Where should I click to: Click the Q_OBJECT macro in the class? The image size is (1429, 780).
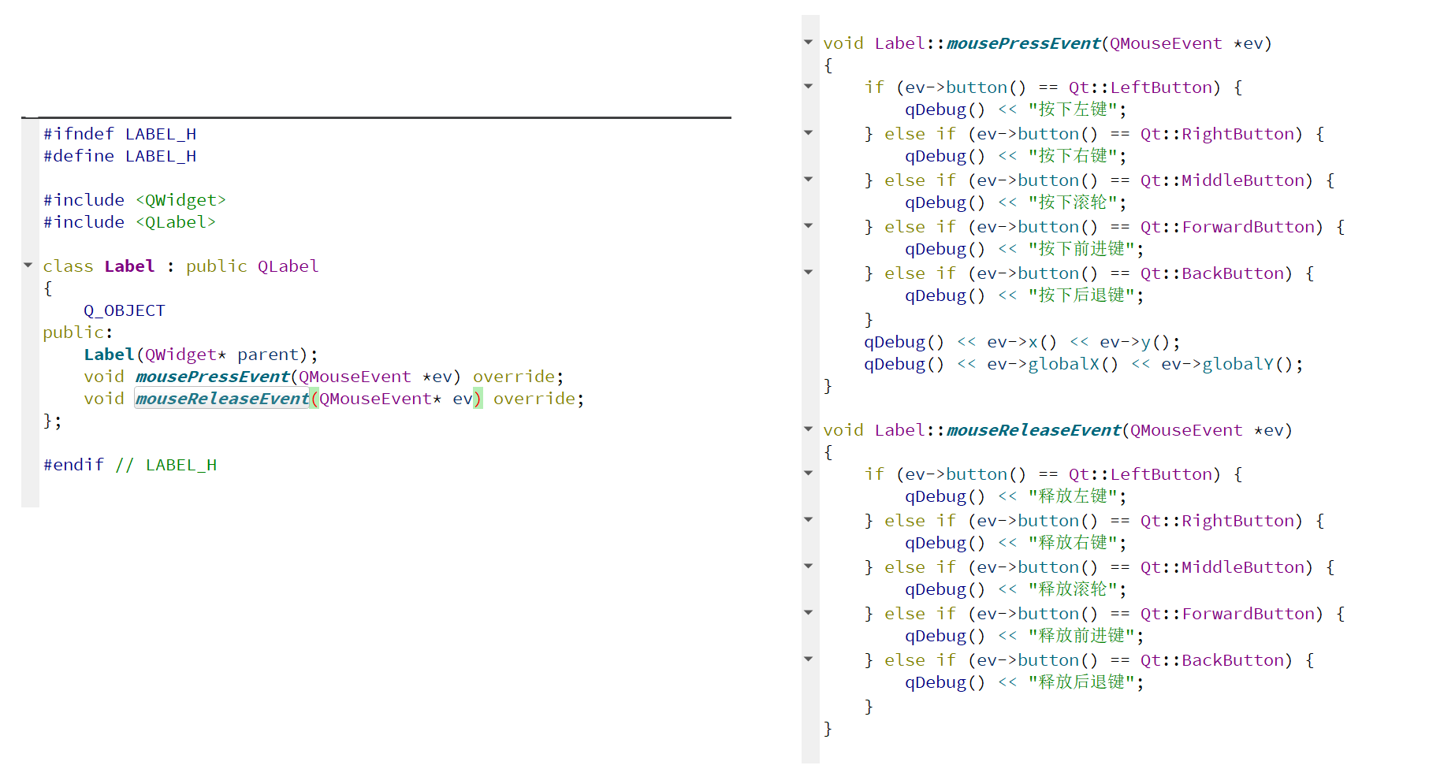click(x=125, y=310)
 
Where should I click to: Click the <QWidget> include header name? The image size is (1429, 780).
click(x=180, y=200)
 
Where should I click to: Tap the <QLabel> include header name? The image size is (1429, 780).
click(x=175, y=222)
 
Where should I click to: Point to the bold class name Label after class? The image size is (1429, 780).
click(x=129, y=266)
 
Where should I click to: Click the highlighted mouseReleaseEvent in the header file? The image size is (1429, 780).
click(x=221, y=399)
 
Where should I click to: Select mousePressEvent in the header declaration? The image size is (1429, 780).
click(x=212, y=377)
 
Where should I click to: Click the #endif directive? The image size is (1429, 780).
click(x=73, y=465)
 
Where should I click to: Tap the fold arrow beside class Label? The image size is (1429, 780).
click(x=28, y=266)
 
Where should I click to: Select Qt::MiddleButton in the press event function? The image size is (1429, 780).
click(x=1226, y=180)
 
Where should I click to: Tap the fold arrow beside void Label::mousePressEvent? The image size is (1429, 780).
click(x=808, y=42)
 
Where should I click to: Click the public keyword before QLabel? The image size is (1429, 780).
click(x=216, y=266)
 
